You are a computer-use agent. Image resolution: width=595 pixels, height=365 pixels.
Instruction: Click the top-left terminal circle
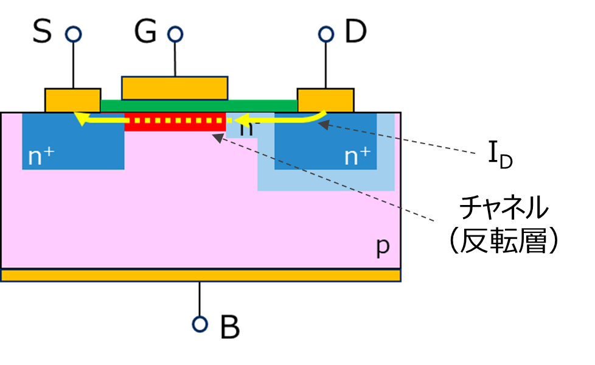pos(73,34)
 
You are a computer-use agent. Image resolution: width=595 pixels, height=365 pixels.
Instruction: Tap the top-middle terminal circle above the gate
pos(175,34)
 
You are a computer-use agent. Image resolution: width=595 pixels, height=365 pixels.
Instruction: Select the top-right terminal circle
pos(326,34)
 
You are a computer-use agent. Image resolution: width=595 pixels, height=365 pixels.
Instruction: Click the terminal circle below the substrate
pos(200,324)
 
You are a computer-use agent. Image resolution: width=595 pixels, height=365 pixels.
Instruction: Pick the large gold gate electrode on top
pos(175,88)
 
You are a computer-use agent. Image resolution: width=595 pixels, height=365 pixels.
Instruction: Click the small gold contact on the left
pos(72,100)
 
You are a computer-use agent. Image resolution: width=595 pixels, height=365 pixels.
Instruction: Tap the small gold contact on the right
pos(325,100)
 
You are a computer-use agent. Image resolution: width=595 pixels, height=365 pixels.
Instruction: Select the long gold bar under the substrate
pos(201,276)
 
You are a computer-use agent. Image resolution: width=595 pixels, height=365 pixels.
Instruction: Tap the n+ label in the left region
pos(41,156)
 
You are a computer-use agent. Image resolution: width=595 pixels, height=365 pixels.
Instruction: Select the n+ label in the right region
pos(357,156)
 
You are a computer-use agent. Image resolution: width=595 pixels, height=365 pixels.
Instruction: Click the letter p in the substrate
pos(382,245)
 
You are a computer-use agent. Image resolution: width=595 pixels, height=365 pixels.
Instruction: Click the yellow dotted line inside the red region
pos(176,120)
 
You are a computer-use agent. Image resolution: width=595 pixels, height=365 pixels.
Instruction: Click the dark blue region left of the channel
pos(73,146)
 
